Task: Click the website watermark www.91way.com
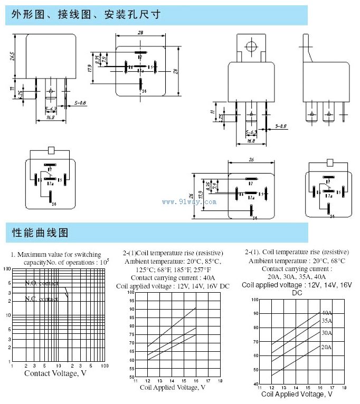pyautogui.click(x=189, y=201)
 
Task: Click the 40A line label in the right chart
pyautogui.click(x=327, y=312)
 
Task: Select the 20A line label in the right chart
pyautogui.click(x=327, y=347)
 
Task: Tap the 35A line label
pyautogui.click(x=327, y=321)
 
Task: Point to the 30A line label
pyautogui.click(x=327, y=332)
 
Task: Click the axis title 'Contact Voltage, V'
pyautogui.click(x=55, y=373)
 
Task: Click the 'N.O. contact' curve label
pyautogui.click(x=42, y=284)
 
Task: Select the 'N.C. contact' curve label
pyautogui.click(x=42, y=299)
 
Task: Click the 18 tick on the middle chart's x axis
pyautogui.click(x=221, y=381)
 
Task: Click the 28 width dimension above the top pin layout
pyautogui.click(x=140, y=32)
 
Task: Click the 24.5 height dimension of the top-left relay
pyautogui.click(x=12, y=56)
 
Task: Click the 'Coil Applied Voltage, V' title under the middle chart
pyautogui.click(x=173, y=388)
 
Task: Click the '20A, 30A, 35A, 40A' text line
pyautogui.click(x=297, y=276)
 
